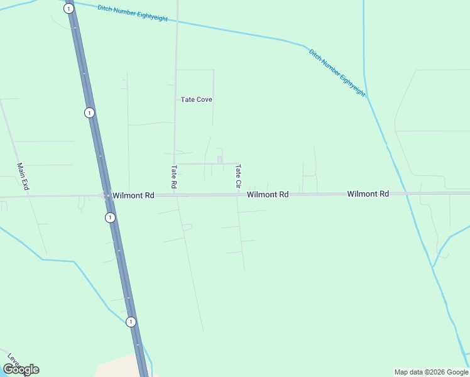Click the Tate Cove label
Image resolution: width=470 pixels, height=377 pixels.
click(196, 99)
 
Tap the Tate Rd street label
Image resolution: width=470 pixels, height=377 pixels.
click(174, 177)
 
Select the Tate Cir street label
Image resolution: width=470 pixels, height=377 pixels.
click(238, 177)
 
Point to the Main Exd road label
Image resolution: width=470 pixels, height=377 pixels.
click(23, 177)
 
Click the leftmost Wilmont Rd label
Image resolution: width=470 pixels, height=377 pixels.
click(133, 195)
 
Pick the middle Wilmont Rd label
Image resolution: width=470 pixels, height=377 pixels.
click(267, 195)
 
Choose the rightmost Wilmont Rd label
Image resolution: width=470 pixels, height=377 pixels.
click(368, 194)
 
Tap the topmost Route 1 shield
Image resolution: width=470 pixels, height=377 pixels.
click(68, 8)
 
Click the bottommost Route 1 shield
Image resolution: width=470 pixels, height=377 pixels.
click(131, 322)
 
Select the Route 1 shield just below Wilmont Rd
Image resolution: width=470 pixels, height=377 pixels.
click(110, 217)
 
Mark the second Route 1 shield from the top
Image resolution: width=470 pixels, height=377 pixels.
click(90, 112)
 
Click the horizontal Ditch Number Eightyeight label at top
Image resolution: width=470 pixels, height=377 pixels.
click(133, 13)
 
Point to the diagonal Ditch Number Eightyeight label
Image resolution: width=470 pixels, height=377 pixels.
click(337, 72)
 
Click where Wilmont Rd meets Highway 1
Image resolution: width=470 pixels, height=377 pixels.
click(106, 196)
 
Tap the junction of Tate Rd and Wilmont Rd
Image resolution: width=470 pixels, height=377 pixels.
click(175, 195)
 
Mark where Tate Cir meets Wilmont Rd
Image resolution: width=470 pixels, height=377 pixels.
click(238, 195)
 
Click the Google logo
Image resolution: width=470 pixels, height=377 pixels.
click(21, 369)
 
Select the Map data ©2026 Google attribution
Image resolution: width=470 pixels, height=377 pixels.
click(431, 372)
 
